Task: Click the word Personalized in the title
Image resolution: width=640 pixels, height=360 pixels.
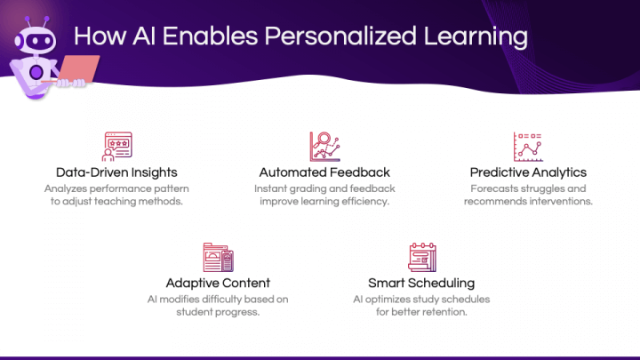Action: pyautogui.click(x=340, y=36)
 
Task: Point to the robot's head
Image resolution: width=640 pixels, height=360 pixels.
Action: pyautogui.click(x=36, y=40)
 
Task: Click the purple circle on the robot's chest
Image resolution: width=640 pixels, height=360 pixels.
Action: pyautogui.click(x=36, y=73)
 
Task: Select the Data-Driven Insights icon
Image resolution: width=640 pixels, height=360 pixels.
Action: pyautogui.click(x=116, y=147)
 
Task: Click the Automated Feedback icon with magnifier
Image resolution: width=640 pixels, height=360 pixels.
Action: pyautogui.click(x=325, y=147)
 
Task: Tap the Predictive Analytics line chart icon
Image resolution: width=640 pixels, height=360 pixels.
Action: pyautogui.click(x=528, y=147)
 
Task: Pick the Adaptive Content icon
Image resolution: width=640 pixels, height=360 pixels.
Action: pyautogui.click(x=218, y=257)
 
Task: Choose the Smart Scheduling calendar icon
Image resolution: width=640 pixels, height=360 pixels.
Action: pyautogui.click(x=422, y=257)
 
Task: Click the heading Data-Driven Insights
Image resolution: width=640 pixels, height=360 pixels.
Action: pyautogui.click(x=116, y=172)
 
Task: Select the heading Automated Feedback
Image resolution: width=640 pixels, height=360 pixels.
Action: pyautogui.click(x=324, y=172)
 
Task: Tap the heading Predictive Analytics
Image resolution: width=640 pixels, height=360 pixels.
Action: pyautogui.click(x=528, y=172)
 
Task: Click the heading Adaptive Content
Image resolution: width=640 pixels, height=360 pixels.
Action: pyautogui.click(x=218, y=283)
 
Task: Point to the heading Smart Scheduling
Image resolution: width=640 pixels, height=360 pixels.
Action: pyautogui.click(x=421, y=283)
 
